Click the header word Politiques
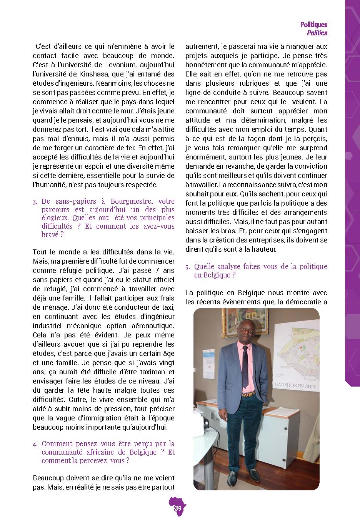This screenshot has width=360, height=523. [314, 25]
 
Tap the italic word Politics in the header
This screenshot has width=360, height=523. [317, 33]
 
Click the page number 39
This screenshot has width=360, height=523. [178, 508]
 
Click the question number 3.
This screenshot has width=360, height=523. [35, 201]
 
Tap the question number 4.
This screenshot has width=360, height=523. [35, 444]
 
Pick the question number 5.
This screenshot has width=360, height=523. [187, 267]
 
